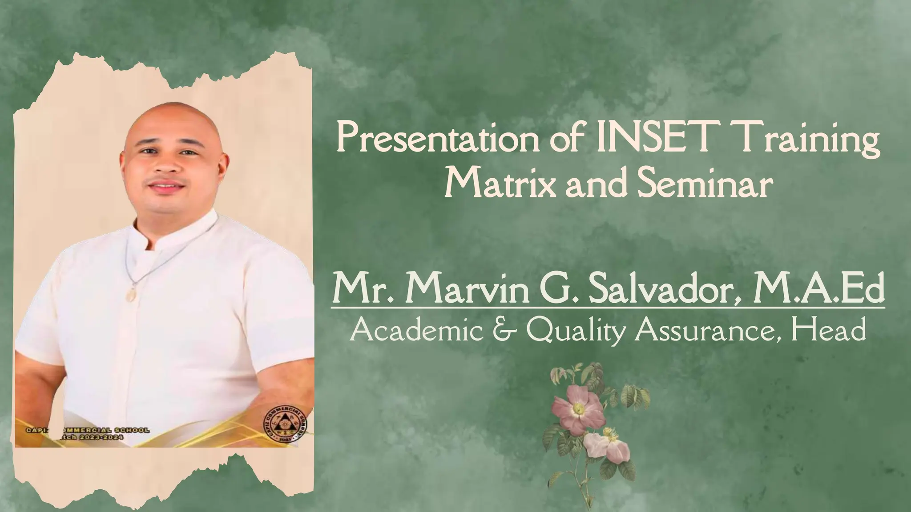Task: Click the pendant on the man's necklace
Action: click(132, 293)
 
